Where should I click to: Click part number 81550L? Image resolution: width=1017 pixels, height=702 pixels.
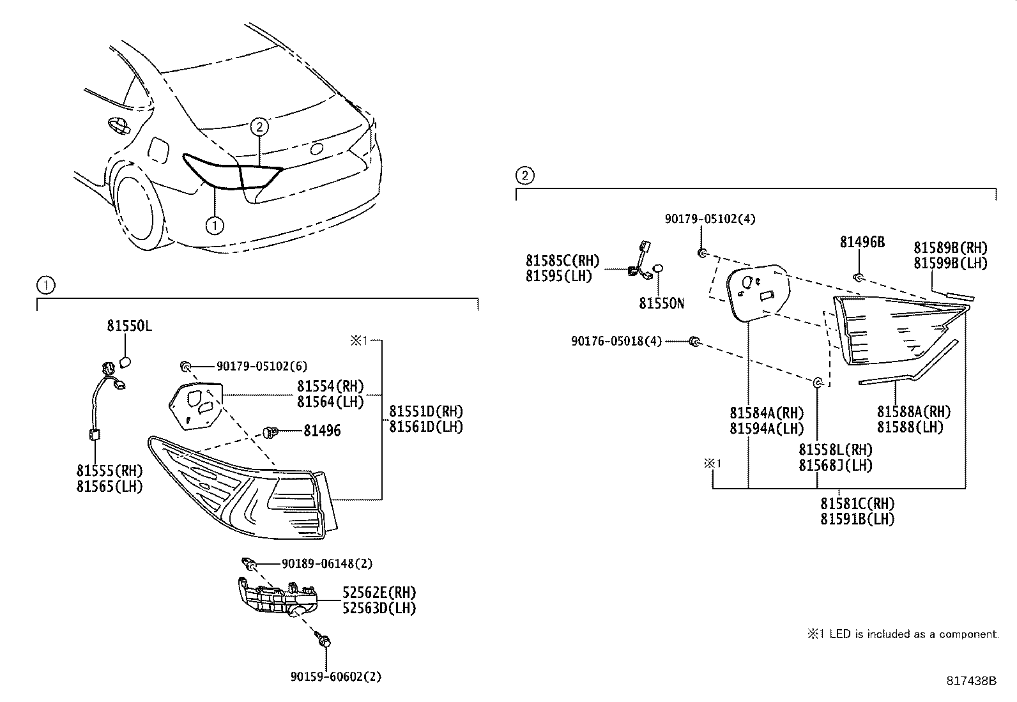[x=129, y=326]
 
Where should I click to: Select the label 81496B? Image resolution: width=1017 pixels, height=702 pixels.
[x=862, y=242]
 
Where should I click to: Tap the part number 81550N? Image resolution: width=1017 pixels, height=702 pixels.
[x=661, y=303]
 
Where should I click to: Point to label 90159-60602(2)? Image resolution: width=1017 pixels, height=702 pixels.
[x=335, y=676]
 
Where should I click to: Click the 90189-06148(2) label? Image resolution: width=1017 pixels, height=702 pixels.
[x=327, y=564]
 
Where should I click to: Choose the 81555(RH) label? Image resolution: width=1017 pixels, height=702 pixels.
[x=109, y=471]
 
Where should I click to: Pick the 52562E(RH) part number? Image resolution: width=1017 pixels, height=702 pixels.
[x=379, y=592]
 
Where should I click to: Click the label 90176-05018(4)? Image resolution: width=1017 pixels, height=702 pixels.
[x=616, y=342]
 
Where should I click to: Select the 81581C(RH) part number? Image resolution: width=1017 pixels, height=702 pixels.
[x=857, y=503]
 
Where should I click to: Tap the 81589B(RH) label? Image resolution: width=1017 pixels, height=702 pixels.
[x=950, y=248]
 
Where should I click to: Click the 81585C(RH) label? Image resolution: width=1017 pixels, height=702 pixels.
[x=563, y=261]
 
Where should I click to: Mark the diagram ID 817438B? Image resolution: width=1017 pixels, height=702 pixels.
[x=971, y=681]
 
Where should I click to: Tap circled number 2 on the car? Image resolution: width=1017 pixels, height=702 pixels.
[x=259, y=126]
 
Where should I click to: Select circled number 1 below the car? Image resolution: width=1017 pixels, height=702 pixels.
[x=215, y=225]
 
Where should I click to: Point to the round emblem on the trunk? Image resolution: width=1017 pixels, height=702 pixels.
[x=316, y=149]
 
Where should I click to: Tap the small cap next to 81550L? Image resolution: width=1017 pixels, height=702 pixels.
[x=125, y=362]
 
